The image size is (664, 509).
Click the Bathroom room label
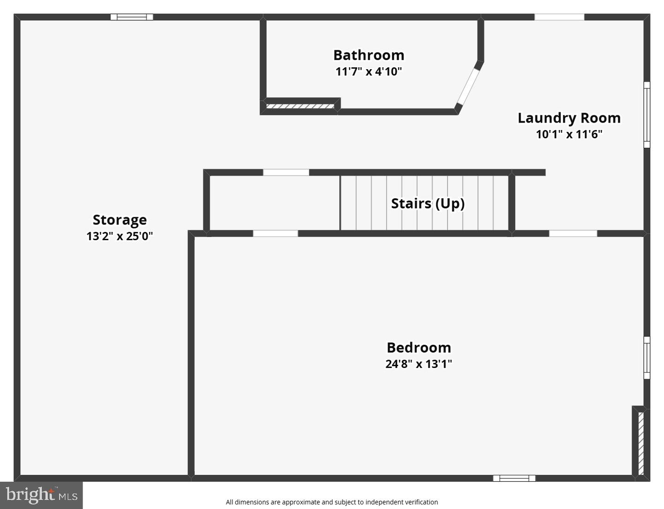coord(368,55)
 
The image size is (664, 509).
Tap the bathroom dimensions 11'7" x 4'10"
coord(368,71)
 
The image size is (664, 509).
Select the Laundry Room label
coord(569,118)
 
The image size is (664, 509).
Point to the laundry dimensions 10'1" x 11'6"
coord(569,134)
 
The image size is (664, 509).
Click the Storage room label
coord(120,220)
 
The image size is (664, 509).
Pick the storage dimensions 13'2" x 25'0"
coord(119,236)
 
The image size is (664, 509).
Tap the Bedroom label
coord(419,348)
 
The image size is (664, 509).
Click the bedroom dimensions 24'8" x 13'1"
coord(419,364)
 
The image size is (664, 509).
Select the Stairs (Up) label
coord(428,204)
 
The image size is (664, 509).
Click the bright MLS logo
coord(41,495)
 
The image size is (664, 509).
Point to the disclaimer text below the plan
coord(332,502)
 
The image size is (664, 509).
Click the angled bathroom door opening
coord(468,87)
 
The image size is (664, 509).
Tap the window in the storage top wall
coord(132,17)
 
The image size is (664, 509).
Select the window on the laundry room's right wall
coord(647,115)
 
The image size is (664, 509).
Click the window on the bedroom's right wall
coord(647,358)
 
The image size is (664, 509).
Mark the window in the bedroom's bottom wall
coord(514,478)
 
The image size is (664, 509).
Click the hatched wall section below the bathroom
coord(300,107)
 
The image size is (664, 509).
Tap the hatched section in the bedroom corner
coord(641,444)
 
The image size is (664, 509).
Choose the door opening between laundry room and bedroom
coord(573,233)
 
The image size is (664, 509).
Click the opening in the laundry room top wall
coord(559,17)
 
